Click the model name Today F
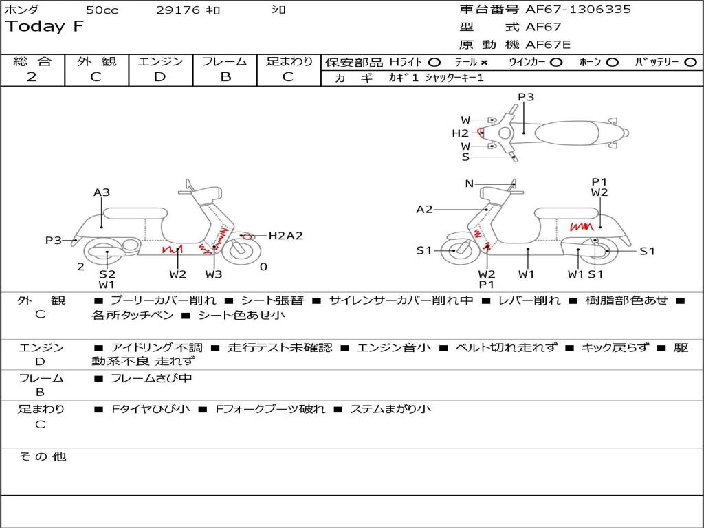pos(45,27)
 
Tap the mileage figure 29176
pos(178,10)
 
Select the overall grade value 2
pos(32,77)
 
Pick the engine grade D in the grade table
pos(159,77)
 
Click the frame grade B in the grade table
pos(225,77)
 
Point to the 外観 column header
pos(96,61)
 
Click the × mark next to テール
pos(486,62)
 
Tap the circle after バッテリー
pos(690,62)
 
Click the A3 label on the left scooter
pos(102,192)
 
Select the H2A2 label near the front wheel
pos(285,236)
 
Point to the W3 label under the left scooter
pos(214,274)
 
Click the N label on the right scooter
pos(470,184)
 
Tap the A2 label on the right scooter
pos(425,210)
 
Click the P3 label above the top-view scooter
pos(526,97)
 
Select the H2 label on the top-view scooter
pos(460,133)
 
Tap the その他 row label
pos(43,456)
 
